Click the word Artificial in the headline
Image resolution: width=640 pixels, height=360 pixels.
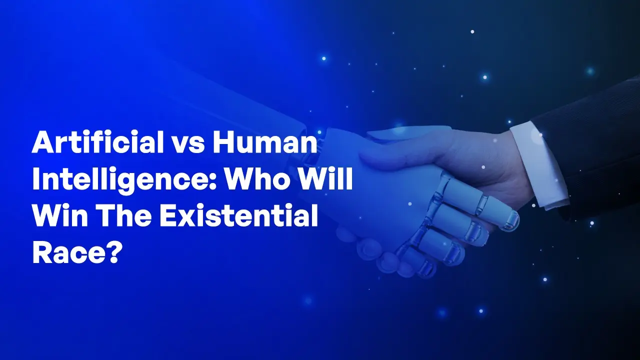[x=97, y=142]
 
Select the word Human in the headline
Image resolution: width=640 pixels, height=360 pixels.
[x=265, y=142]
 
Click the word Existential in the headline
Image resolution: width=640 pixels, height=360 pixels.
[x=238, y=215]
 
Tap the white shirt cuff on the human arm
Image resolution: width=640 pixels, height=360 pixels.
[x=538, y=165]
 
